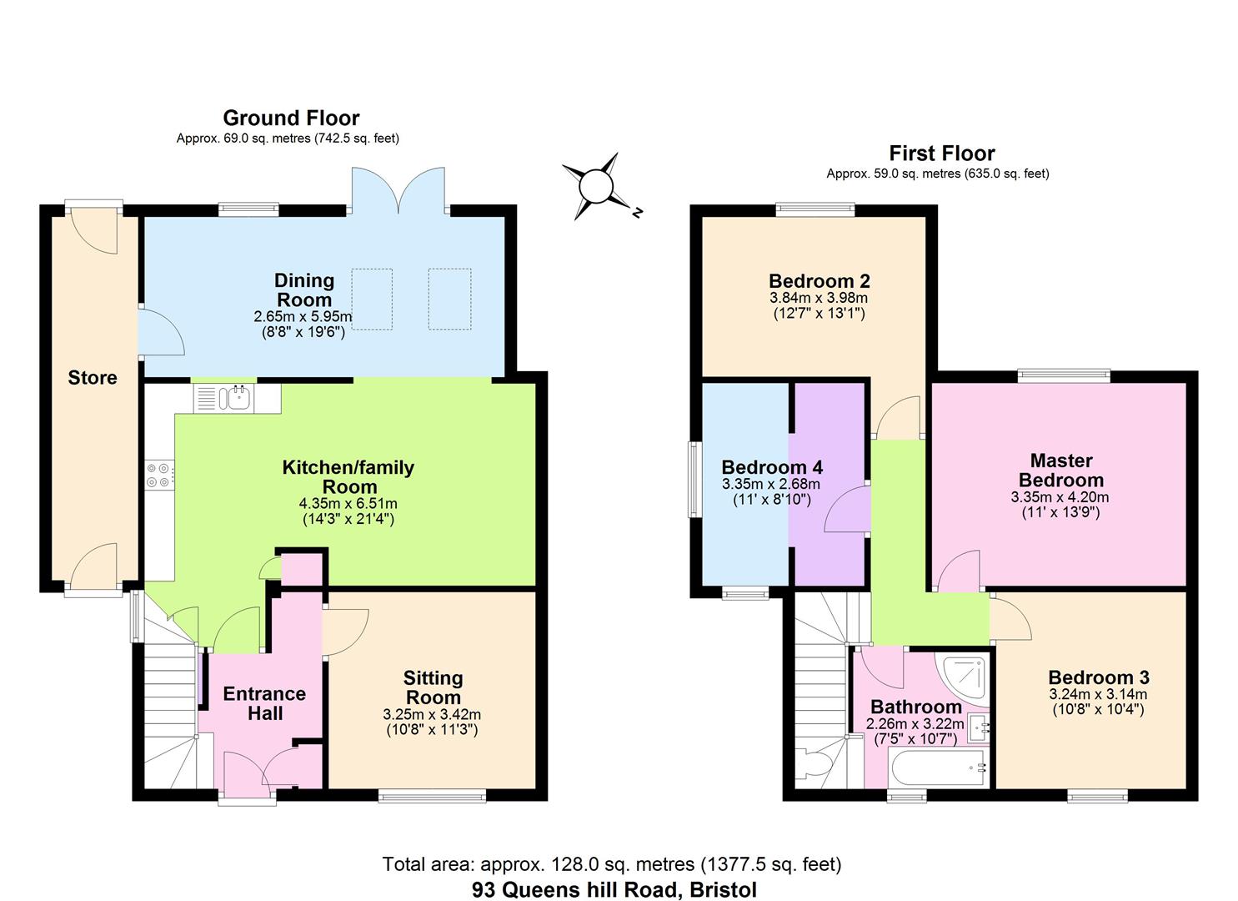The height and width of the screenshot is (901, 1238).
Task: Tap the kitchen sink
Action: pyautogui.click(x=236, y=398)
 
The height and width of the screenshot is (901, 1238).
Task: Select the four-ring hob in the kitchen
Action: pyautogui.click(x=158, y=475)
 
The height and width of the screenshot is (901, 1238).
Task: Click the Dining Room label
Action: pyautogui.click(x=304, y=290)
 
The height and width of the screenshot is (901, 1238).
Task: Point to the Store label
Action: pyautogui.click(x=93, y=378)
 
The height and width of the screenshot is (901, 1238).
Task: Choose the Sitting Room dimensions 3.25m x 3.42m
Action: pyautogui.click(x=432, y=715)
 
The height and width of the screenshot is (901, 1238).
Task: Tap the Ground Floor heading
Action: pyautogui.click(x=291, y=118)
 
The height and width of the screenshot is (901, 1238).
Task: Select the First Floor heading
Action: pyautogui.click(x=941, y=154)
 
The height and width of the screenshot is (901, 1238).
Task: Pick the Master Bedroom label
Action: pyautogui.click(x=1060, y=471)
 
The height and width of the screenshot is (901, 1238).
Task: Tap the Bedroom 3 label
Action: pyautogui.click(x=1099, y=677)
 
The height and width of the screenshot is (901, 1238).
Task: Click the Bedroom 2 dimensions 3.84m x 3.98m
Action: pyautogui.click(x=818, y=298)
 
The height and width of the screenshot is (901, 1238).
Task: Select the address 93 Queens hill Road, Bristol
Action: pyautogui.click(x=614, y=889)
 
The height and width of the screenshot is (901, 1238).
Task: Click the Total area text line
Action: pyautogui.click(x=611, y=864)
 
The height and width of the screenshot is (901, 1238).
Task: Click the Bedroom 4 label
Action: pyautogui.click(x=772, y=467)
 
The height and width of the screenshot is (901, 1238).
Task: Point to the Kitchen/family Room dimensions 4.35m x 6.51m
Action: pyautogui.click(x=348, y=504)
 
